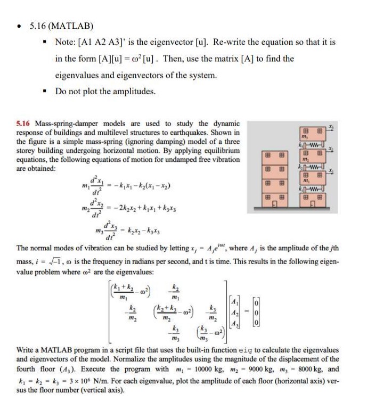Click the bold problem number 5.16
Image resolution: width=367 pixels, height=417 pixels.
pyautogui.click(x=23, y=123)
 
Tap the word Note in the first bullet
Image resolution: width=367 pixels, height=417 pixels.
pyautogui.click(x=66, y=42)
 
